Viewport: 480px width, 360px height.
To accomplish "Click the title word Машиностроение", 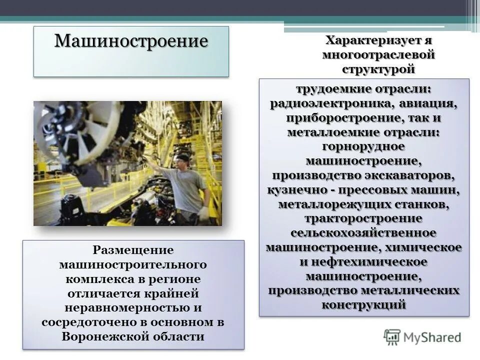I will click(x=130, y=40).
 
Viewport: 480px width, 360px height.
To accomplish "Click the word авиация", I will click(x=429, y=104).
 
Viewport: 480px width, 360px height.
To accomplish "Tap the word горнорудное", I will click(x=363, y=147).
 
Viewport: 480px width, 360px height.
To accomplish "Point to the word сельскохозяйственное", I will click(x=363, y=233).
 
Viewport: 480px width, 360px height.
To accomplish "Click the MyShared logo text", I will click(x=431, y=337).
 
